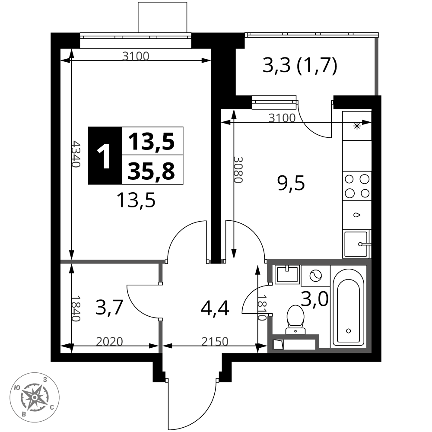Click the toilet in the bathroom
pyautogui.click(x=295, y=320)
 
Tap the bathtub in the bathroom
pyautogui.click(x=348, y=307)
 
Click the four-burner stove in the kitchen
pyautogui.click(x=357, y=186)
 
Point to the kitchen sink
pyautogui.click(x=356, y=244)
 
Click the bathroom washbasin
pyautogui.click(x=287, y=275)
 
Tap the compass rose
pyautogui.click(x=35, y=397)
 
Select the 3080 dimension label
pyautogui.click(x=238, y=170)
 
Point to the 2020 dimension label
pyautogui.click(x=109, y=342)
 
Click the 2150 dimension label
pyautogui.click(x=215, y=342)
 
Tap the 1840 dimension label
pyautogui.click(x=76, y=308)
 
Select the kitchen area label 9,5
pyautogui.click(x=291, y=183)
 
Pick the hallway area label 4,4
pyautogui.click(x=215, y=308)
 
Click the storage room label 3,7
pyautogui.click(x=109, y=308)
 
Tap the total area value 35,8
pyautogui.click(x=151, y=171)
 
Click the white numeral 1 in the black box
pyautogui.click(x=104, y=156)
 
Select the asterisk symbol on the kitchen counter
pyautogui.click(x=357, y=127)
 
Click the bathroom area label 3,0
pyautogui.click(x=314, y=299)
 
